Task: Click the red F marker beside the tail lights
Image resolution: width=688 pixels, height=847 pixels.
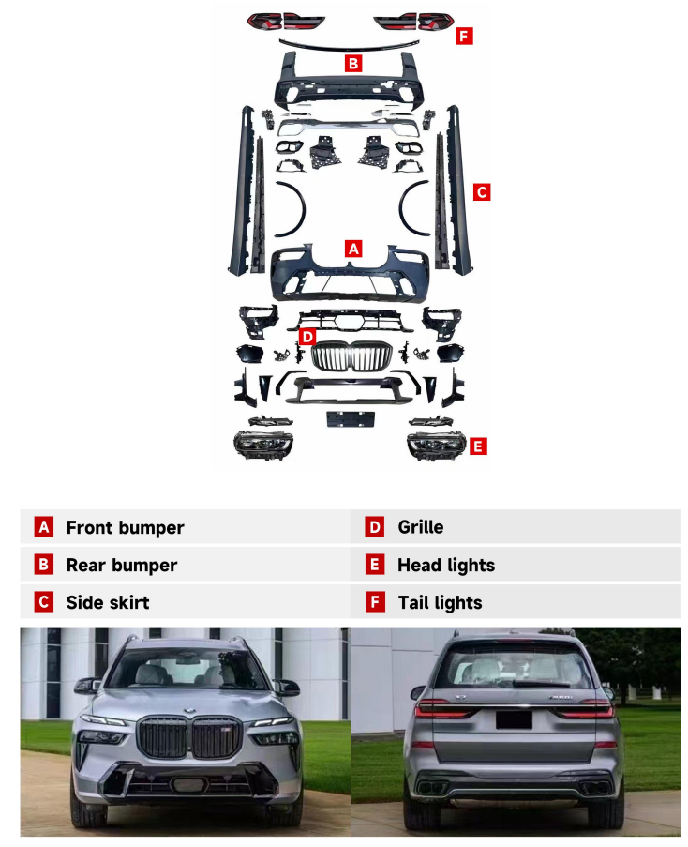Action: click(x=464, y=37)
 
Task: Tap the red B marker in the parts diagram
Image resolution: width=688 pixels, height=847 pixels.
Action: click(x=352, y=63)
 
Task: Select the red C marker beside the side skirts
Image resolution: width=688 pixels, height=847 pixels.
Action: click(x=482, y=191)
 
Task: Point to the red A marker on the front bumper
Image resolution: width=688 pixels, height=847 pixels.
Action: click(x=352, y=249)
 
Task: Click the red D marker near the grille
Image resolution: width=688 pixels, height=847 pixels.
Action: click(x=307, y=337)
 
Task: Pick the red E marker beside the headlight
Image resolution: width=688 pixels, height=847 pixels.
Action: click(x=477, y=446)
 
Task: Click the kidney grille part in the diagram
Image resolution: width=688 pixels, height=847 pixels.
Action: click(x=351, y=356)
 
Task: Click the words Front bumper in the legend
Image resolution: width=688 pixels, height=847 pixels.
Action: click(x=126, y=527)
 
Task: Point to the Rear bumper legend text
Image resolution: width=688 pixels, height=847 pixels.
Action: click(x=122, y=565)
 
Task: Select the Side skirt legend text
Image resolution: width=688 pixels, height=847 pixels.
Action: click(x=108, y=602)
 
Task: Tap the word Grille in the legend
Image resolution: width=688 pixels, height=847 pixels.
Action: click(x=421, y=526)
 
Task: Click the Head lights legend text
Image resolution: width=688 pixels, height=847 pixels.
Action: click(x=446, y=565)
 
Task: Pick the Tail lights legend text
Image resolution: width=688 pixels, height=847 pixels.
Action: click(x=440, y=602)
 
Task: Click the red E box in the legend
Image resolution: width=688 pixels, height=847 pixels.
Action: click(x=375, y=565)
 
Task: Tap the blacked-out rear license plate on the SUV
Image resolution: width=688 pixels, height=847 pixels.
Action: click(x=514, y=720)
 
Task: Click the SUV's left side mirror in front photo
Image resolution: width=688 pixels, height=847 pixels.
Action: click(x=87, y=686)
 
